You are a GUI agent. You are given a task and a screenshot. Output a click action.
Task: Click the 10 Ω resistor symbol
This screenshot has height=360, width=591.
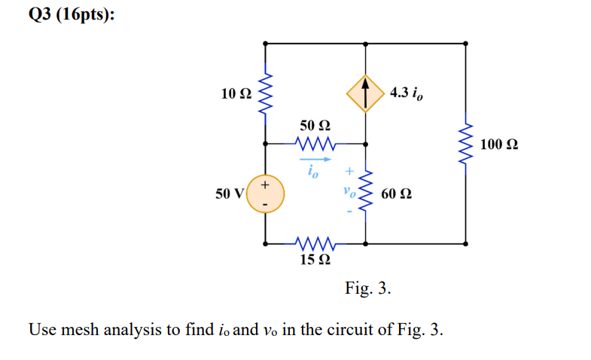pos(264,93)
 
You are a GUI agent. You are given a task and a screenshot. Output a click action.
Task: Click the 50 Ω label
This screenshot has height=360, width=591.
pos(315,125)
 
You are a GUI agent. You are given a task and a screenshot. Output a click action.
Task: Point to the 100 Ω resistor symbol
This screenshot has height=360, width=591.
pos(467,144)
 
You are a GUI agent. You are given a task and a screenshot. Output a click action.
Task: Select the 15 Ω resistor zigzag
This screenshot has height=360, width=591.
pos(315,243)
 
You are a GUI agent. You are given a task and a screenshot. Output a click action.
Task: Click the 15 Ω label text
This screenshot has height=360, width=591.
pos(315,261)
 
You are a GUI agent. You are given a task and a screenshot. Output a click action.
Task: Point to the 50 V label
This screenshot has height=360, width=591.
pos(230,194)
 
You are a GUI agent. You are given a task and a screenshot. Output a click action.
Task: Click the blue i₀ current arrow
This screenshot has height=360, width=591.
pos(314,160)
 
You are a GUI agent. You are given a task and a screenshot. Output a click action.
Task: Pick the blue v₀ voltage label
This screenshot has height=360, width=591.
pos(348,193)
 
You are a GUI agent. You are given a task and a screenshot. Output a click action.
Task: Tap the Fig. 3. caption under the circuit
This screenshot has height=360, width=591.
pos(368,288)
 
